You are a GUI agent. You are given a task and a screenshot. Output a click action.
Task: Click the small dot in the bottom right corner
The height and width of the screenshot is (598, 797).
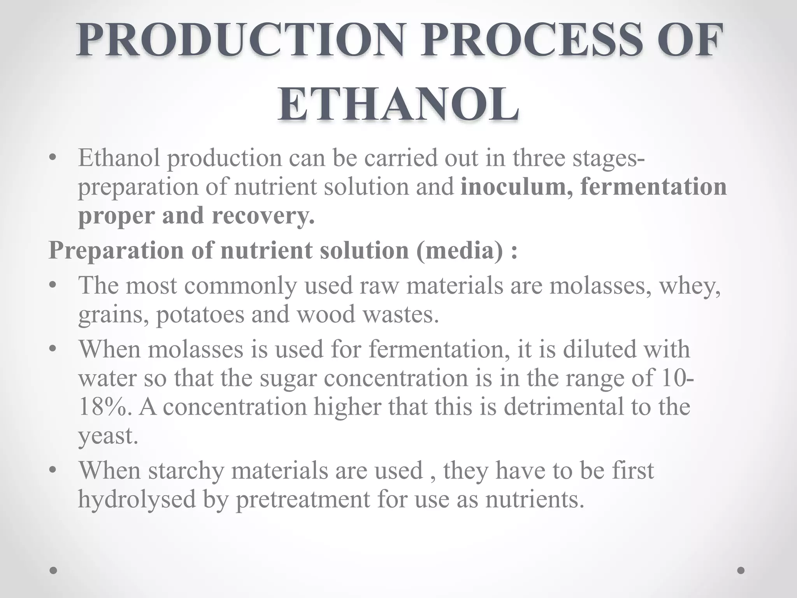coord(741,570)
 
